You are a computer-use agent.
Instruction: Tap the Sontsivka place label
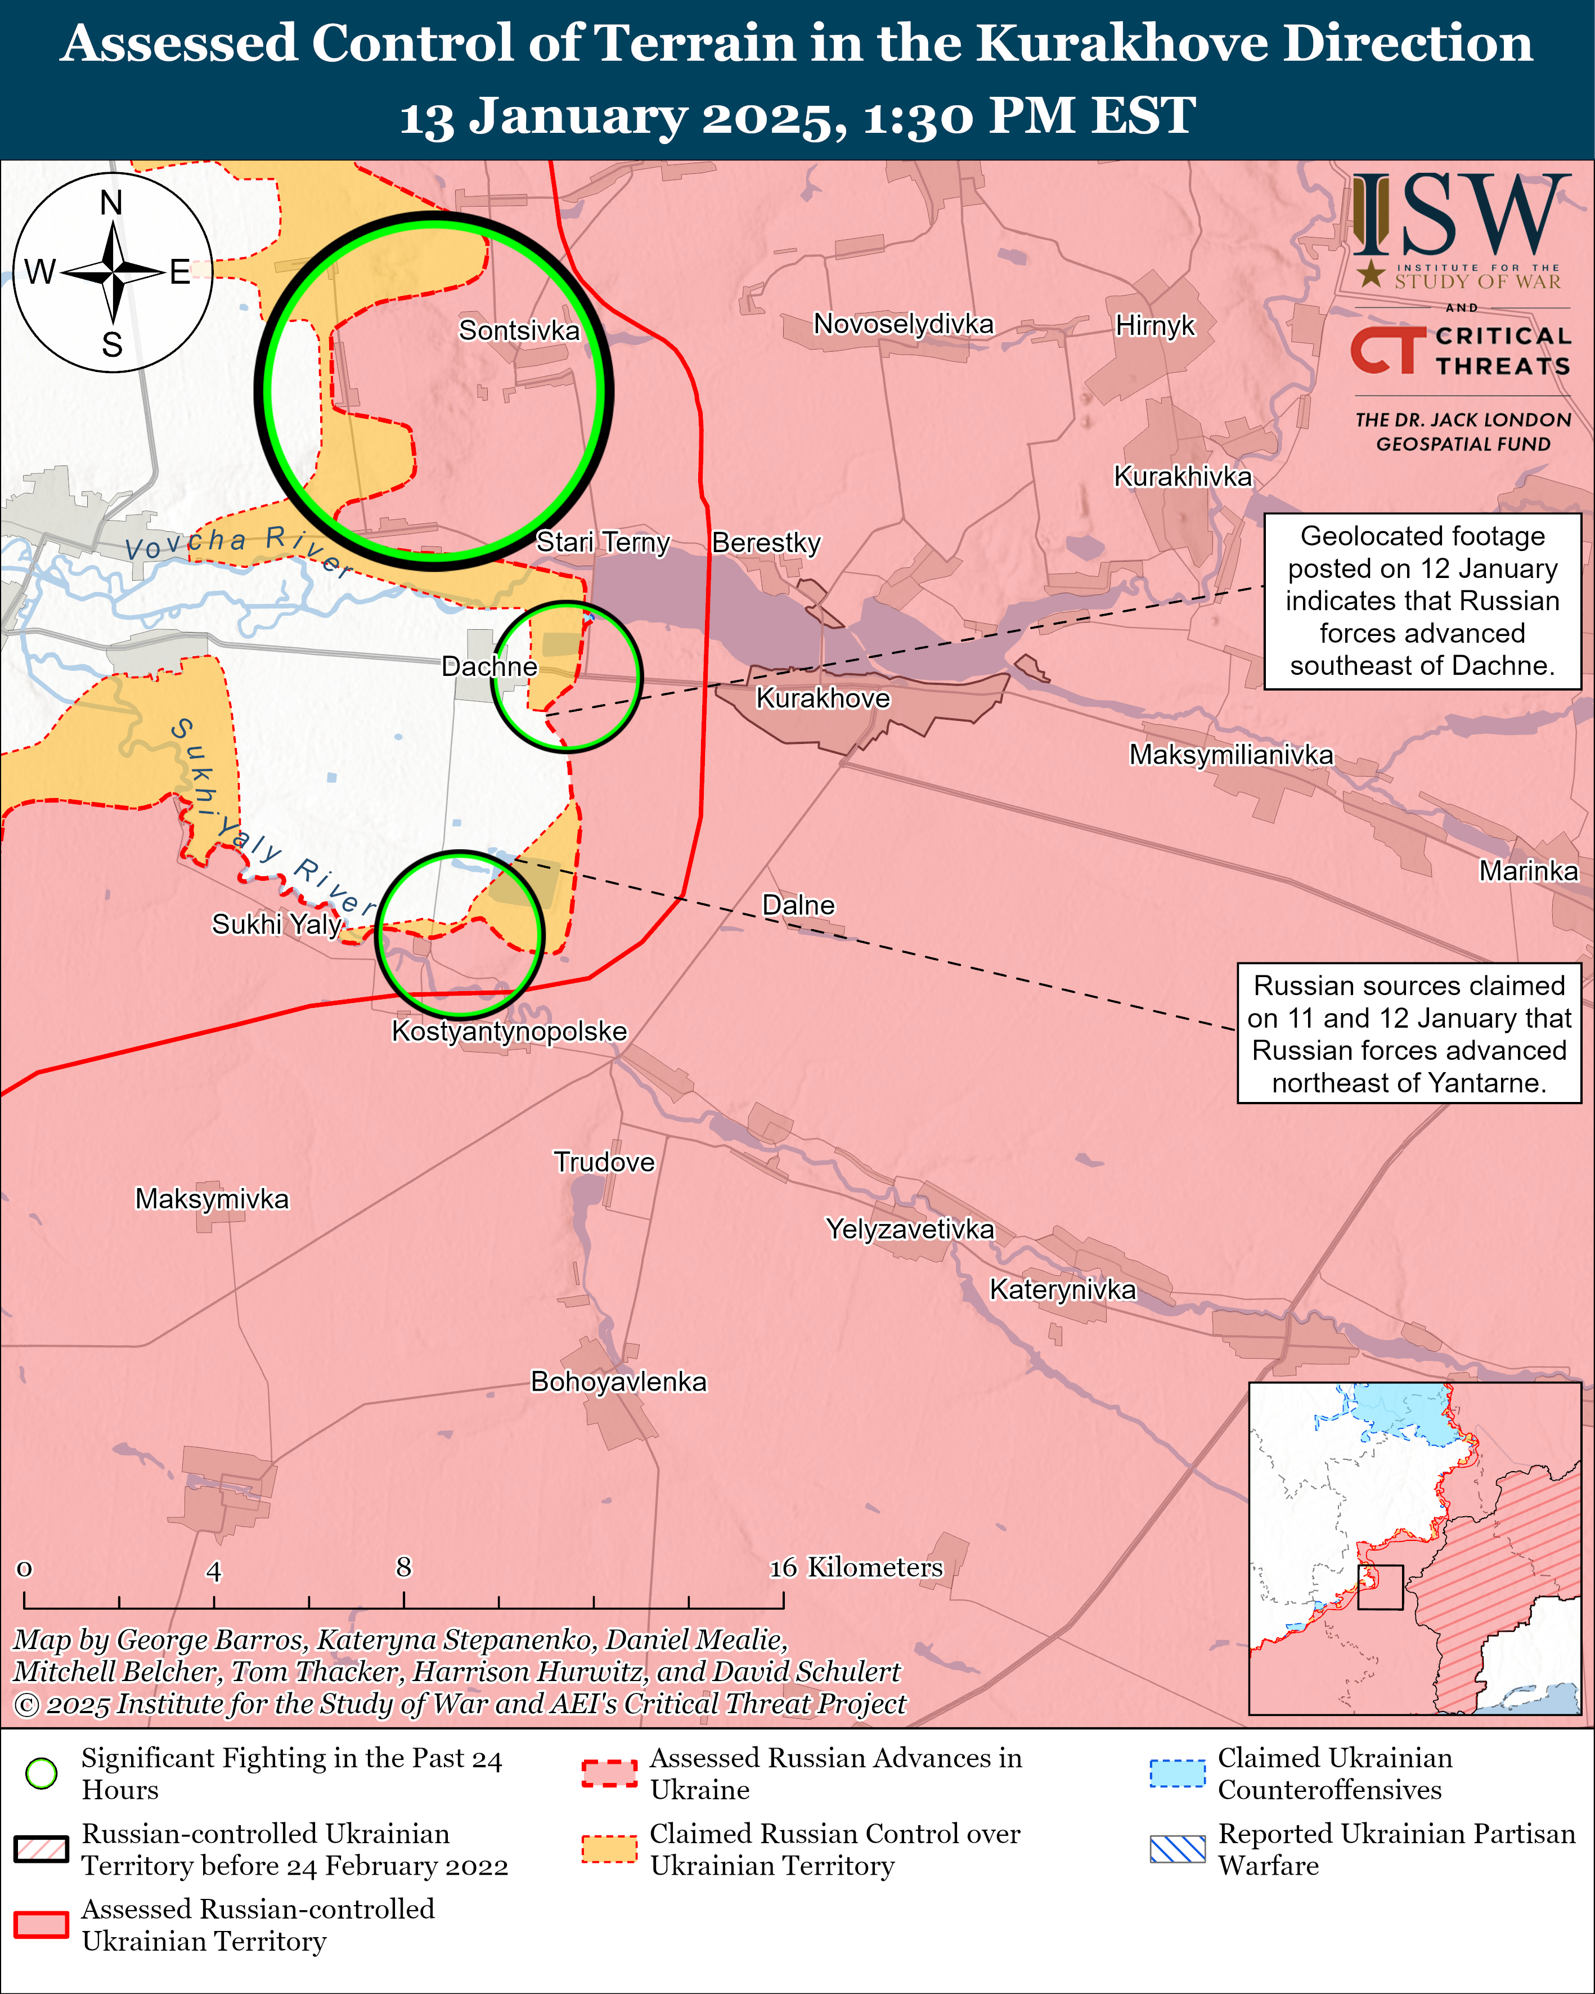[519, 330]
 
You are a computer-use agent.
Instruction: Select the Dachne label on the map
[488, 666]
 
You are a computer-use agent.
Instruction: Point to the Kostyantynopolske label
[509, 1030]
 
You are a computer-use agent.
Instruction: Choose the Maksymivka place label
[212, 1199]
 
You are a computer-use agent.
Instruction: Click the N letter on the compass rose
[111, 203]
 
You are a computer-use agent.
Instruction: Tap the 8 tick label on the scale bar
[403, 1567]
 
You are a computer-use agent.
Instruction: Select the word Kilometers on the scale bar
[875, 1567]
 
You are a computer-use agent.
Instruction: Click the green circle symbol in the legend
[42, 1773]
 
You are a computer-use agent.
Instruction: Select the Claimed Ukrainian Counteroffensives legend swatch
[1177, 1773]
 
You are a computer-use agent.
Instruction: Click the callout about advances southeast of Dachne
[1422, 601]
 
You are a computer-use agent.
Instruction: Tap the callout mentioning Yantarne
[1408, 1033]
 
